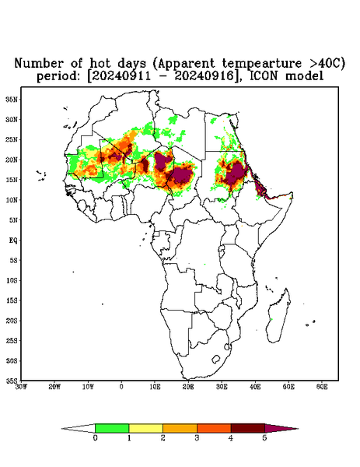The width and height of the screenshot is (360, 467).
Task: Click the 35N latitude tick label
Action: (12, 99)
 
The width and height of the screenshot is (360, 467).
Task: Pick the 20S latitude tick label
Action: (12, 321)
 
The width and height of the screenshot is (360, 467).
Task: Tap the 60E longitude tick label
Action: (322, 387)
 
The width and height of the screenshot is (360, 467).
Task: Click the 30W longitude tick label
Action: (21, 387)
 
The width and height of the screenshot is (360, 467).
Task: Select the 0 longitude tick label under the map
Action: (121, 387)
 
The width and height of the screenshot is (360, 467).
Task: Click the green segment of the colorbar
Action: (112, 428)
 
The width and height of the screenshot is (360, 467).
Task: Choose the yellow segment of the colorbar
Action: (145, 428)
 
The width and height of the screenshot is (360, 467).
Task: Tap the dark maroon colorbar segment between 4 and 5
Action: (248, 428)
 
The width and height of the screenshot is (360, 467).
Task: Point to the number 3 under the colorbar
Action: (197, 438)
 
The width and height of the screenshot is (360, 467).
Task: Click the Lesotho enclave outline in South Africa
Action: (215, 359)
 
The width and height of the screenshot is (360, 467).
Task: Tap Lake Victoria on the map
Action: (222, 249)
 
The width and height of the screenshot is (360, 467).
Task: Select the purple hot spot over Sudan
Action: (236, 174)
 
